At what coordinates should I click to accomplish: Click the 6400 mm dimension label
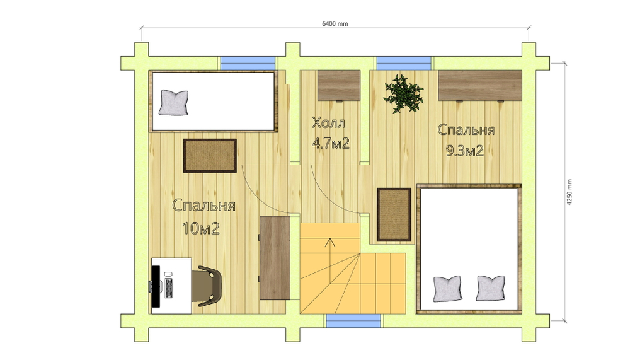(335, 24)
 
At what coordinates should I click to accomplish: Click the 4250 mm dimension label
(570, 192)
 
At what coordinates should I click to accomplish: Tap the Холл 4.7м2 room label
(330, 133)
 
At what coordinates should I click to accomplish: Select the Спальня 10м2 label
(203, 216)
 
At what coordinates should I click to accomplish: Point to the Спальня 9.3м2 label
(466, 140)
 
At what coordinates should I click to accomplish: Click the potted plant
(403, 94)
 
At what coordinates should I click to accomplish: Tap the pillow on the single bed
(174, 103)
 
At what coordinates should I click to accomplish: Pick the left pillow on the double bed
(447, 288)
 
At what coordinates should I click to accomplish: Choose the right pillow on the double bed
(490, 288)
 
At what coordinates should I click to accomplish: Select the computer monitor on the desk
(156, 286)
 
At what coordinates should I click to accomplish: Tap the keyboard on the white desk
(168, 288)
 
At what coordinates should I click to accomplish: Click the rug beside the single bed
(210, 156)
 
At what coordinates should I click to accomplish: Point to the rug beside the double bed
(394, 215)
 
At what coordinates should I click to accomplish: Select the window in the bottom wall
(353, 321)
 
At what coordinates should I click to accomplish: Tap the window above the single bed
(248, 64)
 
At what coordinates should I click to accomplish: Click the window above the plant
(403, 64)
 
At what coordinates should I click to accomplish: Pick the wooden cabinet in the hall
(339, 86)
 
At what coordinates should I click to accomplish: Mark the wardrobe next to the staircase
(275, 258)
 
